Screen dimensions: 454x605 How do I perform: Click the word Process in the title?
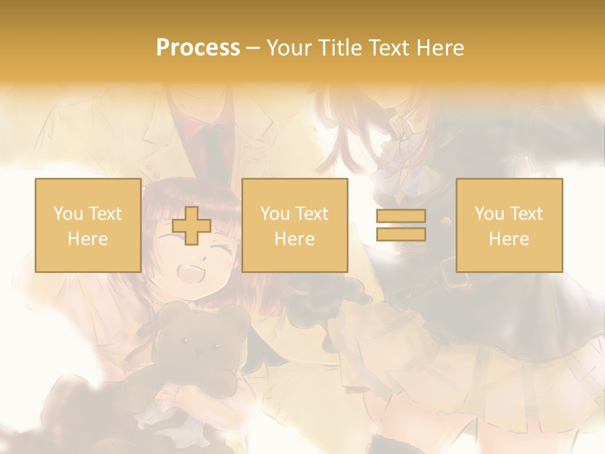pos(198,48)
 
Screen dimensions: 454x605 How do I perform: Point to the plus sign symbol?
pos(192,226)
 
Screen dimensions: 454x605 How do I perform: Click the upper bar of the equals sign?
pos(401,216)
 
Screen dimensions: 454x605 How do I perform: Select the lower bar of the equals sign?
pos(401,235)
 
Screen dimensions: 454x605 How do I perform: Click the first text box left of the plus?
pos(88,225)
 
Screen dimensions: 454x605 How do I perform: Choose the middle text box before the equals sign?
pos(294,225)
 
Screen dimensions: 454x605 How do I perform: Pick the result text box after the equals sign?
pos(509,225)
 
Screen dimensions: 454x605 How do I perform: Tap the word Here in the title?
pos(440,48)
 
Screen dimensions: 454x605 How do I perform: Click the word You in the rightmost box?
pos(489,214)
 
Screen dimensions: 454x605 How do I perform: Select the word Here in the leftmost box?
pos(88,239)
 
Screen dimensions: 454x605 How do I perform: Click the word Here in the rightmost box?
pos(509,239)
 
